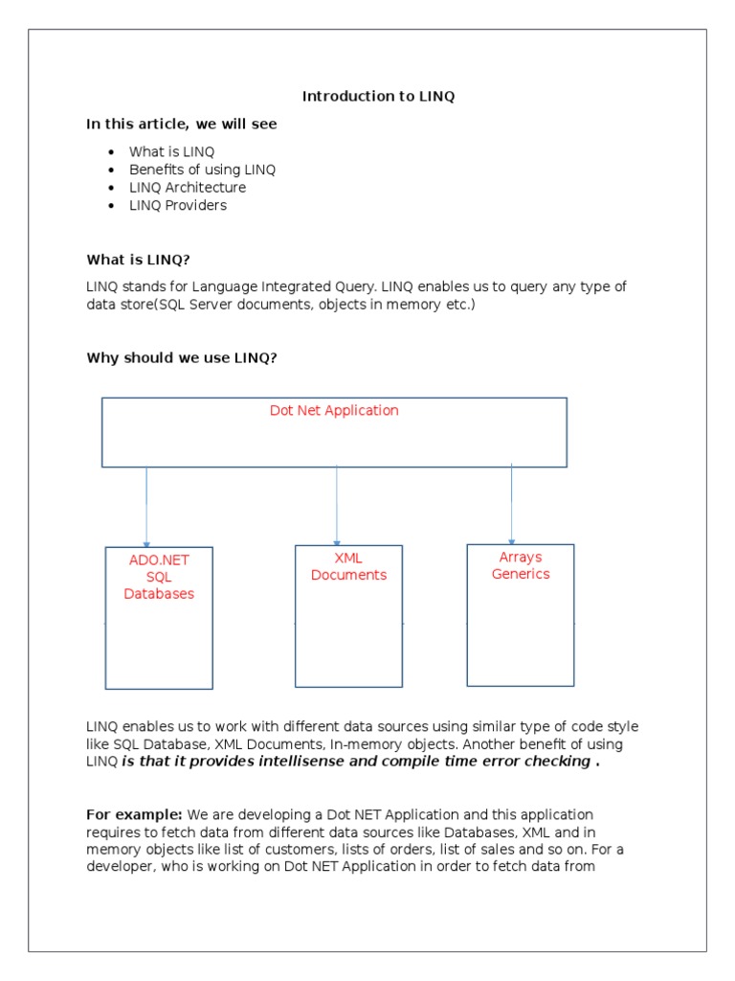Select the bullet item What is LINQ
click(172, 151)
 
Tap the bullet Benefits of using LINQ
click(202, 170)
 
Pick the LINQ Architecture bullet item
click(188, 188)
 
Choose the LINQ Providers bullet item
click(178, 205)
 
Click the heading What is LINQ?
click(145, 260)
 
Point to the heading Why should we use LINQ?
click(182, 357)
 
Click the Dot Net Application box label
click(334, 410)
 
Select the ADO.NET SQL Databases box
click(159, 617)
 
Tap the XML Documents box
click(348, 615)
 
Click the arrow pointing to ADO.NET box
click(146, 507)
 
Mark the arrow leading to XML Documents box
click(337, 506)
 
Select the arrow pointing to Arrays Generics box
click(512, 504)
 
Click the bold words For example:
click(128, 814)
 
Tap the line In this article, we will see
click(182, 124)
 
